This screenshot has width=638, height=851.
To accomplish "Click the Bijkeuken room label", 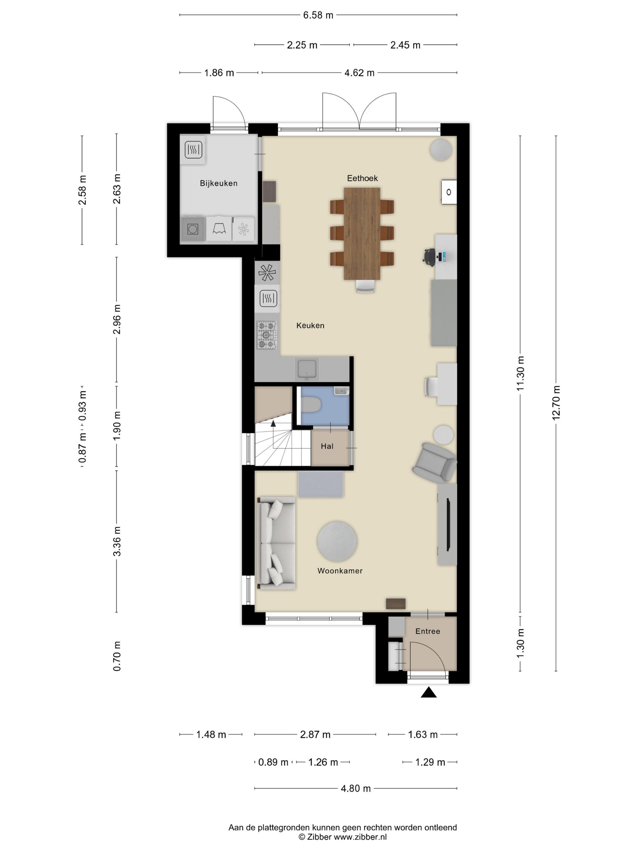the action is [x=218, y=183].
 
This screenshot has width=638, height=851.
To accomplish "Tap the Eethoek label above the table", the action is [x=362, y=178].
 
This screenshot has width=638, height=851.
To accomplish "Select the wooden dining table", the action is [x=362, y=233].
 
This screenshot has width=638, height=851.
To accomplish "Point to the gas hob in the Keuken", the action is [x=266, y=335].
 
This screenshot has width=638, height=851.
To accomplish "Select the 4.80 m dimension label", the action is [x=356, y=788].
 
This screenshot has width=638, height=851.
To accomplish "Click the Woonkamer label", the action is [x=340, y=570].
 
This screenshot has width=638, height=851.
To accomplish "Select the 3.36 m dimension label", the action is [x=117, y=541].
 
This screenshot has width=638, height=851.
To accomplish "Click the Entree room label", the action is [x=428, y=631].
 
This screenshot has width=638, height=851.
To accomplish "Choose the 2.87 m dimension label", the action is [x=315, y=734].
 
